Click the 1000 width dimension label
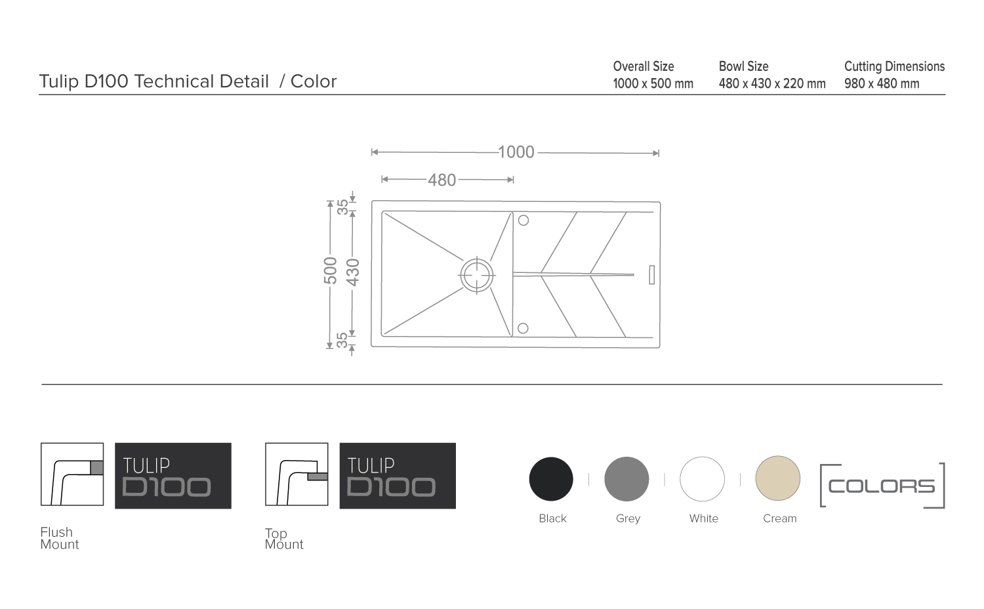click(x=516, y=152)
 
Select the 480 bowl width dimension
click(x=442, y=180)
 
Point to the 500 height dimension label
click(x=331, y=270)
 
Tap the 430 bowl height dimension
click(x=353, y=272)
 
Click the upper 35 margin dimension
click(x=342, y=207)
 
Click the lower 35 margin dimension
click(x=342, y=340)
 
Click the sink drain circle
click(x=477, y=275)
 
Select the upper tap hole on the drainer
click(x=523, y=220)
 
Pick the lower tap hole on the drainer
click(x=523, y=328)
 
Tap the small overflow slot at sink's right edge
click(x=652, y=274)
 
